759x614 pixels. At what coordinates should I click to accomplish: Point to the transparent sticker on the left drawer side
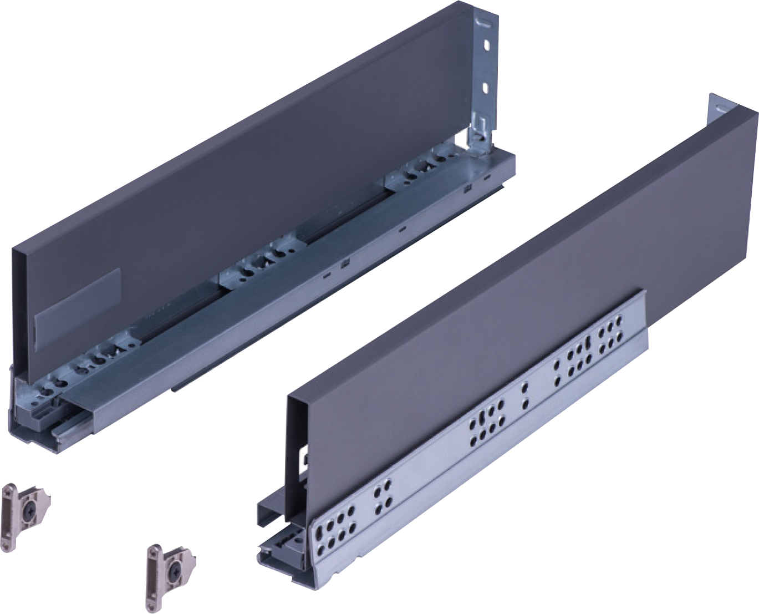(77, 302)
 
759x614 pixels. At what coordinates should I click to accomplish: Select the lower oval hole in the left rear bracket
(486, 87)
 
